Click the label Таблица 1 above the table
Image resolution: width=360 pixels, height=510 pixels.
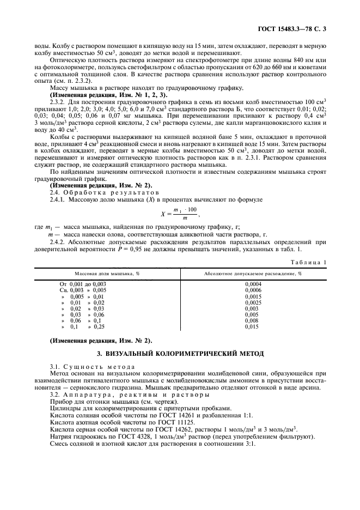tap(309, 262)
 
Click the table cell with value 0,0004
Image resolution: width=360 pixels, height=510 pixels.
tap(252, 284)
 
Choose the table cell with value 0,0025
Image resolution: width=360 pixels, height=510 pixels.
tap(252, 302)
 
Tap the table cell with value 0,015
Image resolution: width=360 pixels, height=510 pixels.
tap(252, 326)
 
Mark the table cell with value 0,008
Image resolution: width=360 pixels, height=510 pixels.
tap(252, 320)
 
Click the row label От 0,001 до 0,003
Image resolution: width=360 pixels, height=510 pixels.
tap(83, 284)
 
